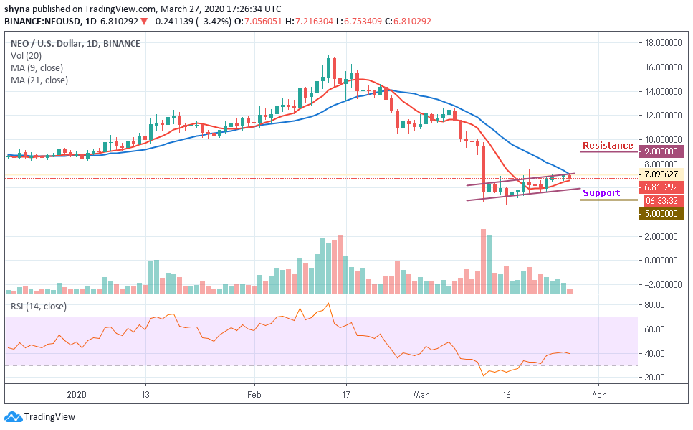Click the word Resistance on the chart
pyautogui.click(x=608, y=146)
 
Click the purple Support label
pyautogui.click(x=601, y=193)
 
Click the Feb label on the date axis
pyautogui.click(x=254, y=394)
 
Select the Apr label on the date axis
pyautogui.click(x=599, y=394)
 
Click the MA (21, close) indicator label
pyautogui.click(x=39, y=80)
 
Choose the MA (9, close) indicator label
pyautogui.click(x=37, y=68)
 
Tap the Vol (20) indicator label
pyautogui.click(x=27, y=56)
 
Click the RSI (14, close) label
pyautogui.click(x=39, y=306)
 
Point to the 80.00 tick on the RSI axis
pyautogui.click(x=655, y=305)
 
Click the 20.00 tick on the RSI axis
pyautogui.click(x=655, y=378)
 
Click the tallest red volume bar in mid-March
pyautogui.click(x=483, y=261)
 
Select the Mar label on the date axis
pyautogui.click(x=421, y=394)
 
